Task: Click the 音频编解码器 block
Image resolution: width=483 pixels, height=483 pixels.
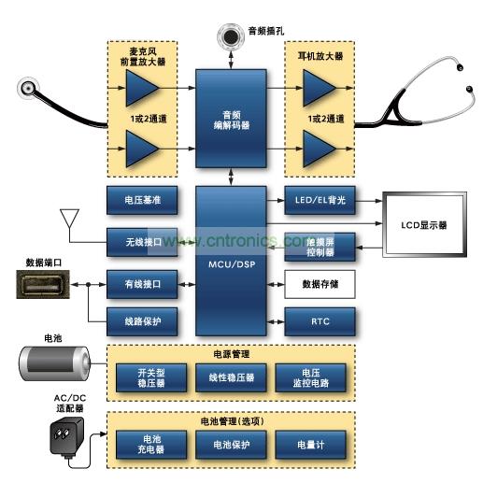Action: point(230,121)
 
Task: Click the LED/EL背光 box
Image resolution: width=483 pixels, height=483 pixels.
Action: point(320,201)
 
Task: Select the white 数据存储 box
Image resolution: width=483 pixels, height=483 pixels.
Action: point(320,282)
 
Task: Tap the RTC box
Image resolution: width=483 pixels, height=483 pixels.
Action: point(320,321)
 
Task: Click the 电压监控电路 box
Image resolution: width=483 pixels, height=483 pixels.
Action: point(309,377)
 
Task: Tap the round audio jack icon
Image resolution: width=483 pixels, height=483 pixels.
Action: point(230,36)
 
